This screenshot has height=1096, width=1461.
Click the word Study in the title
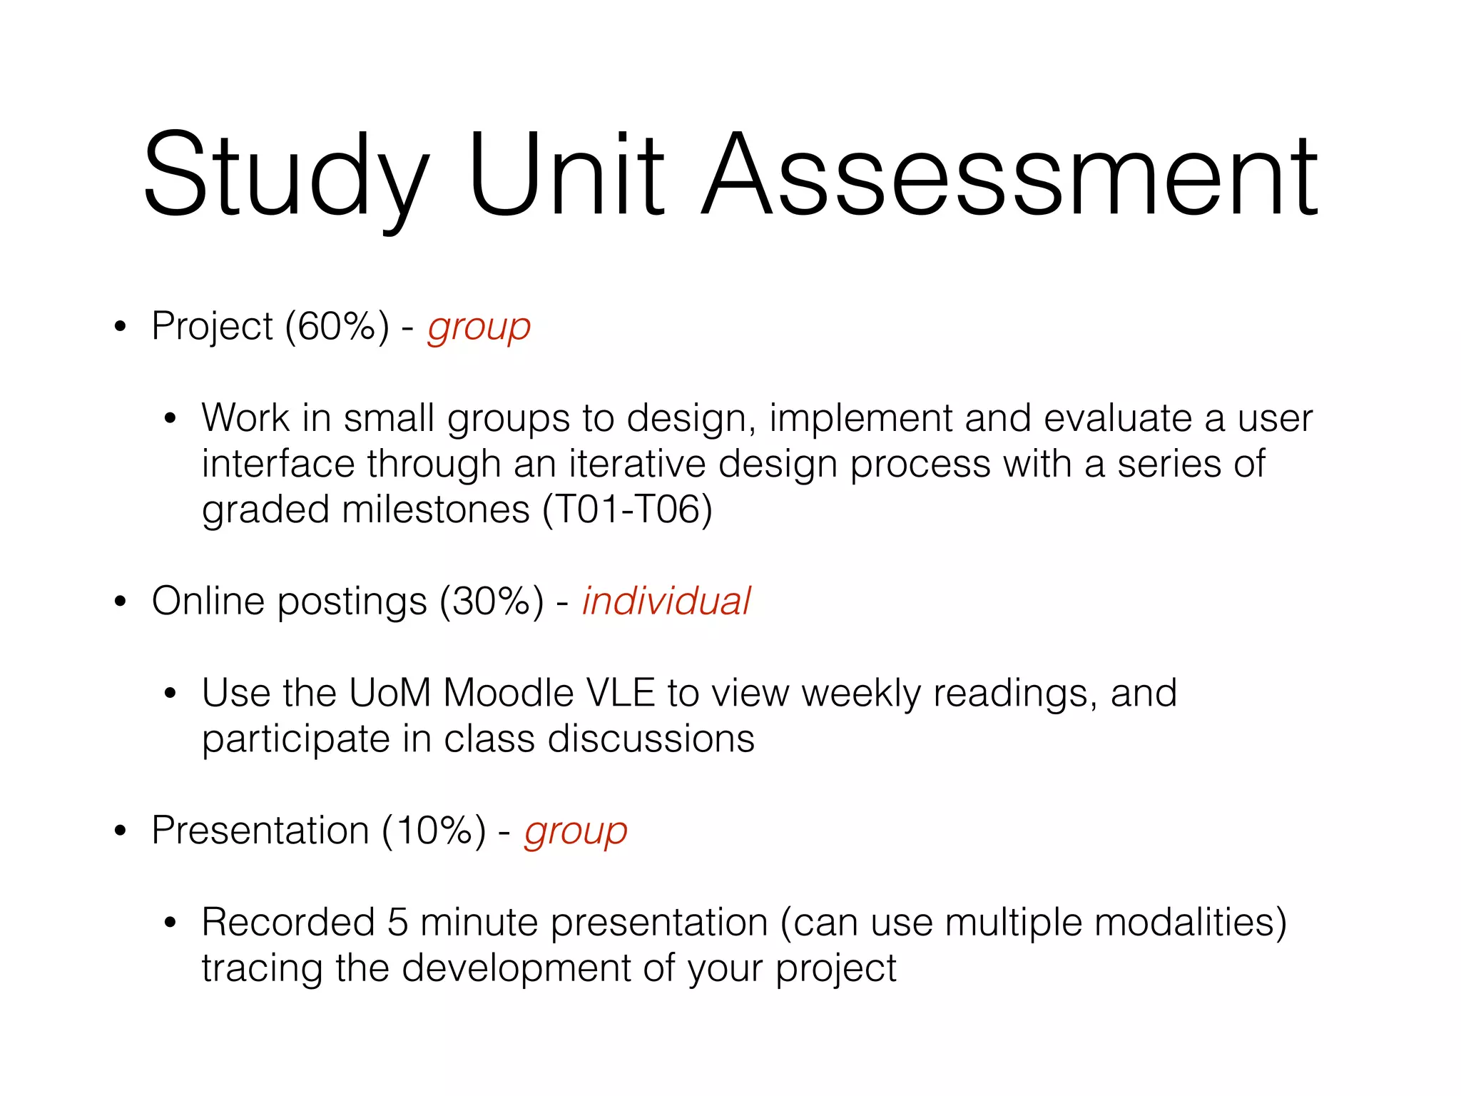[x=285, y=175]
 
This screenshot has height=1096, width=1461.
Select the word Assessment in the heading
[x=1010, y=175]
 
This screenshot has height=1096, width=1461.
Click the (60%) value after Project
[x=337, y=327]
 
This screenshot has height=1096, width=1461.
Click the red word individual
[x=666, y=601]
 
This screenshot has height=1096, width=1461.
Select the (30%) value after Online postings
[x=492, y=602]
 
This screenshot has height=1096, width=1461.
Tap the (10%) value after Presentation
[x=434, y=831]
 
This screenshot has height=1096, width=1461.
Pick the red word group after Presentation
[x=576, y=833]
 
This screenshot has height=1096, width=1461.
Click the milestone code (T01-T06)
[x=627, y=510]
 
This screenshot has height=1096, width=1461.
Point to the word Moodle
[x=508, y=693]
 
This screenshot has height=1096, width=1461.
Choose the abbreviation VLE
[x=620, y=693]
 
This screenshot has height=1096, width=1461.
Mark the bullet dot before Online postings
[x=120, y=602]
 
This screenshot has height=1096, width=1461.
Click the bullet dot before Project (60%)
[x=120, y=327]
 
